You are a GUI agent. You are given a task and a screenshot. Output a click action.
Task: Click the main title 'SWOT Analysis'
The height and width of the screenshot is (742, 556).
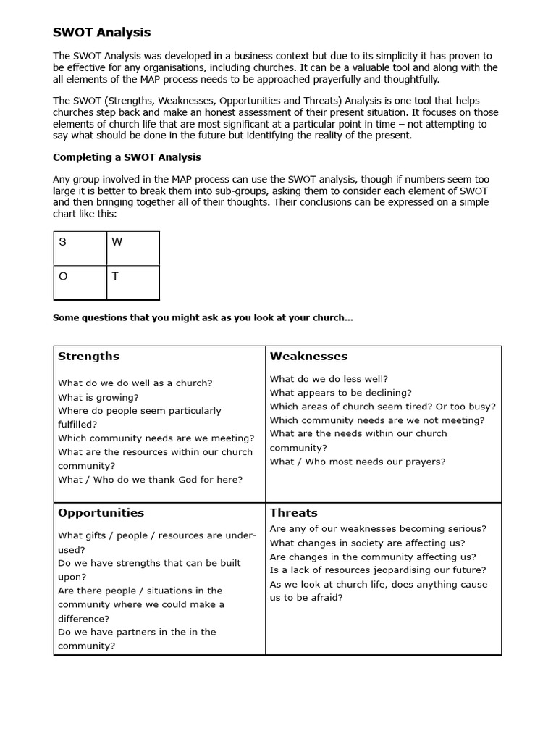coord(102,32)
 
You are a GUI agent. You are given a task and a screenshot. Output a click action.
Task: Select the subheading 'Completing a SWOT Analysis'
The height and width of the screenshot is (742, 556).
coord(127,157)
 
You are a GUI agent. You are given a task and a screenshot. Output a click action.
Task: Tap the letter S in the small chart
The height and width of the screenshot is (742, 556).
coord(62,242)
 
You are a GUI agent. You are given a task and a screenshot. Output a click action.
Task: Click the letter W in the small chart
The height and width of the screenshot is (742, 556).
coord(117,242)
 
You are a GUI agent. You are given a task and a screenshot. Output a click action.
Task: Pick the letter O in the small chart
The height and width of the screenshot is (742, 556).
coord(63,276)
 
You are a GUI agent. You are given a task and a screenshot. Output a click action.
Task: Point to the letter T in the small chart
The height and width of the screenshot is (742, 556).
coord(115,276)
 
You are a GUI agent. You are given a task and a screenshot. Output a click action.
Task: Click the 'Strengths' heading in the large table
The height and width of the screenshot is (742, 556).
coord(88,357)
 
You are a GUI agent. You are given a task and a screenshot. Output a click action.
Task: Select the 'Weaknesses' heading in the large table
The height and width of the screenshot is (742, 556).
coord(308,357)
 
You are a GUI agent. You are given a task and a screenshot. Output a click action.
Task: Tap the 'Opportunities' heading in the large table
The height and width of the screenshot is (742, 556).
coord(101,513)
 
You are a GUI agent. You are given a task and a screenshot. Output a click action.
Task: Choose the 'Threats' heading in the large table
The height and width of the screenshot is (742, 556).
coord(293,513)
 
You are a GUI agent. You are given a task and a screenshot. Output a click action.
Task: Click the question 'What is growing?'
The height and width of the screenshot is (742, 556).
coord(98,397)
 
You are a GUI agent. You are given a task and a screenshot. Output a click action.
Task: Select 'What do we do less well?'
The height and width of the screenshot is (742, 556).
coord(329,379)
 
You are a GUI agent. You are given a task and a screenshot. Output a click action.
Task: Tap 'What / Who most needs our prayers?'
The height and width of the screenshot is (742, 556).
coord(358,462)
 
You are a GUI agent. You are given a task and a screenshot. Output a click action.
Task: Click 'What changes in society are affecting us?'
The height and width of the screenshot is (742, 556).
coord(367,543)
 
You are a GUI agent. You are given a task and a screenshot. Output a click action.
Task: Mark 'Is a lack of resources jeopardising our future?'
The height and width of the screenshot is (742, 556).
coord(378,570)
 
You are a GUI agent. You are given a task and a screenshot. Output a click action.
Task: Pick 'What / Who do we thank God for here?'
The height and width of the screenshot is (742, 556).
coord(150,480)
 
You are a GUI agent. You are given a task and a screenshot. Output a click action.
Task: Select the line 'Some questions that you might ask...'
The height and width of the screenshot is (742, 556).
coord(203,318)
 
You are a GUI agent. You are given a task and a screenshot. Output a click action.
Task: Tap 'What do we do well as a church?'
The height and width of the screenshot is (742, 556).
coord(135,383)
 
